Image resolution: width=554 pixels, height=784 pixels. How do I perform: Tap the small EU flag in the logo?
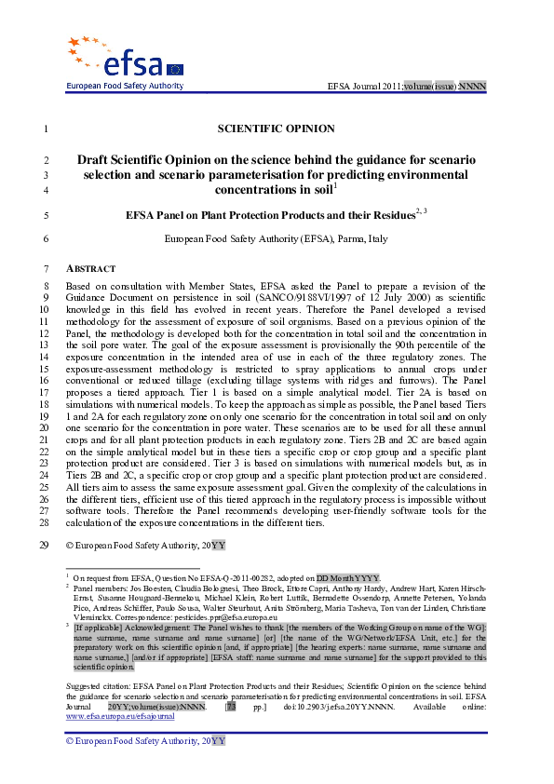[x=175, y=69]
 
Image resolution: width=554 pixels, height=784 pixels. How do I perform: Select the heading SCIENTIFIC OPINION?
[x=276, y=128]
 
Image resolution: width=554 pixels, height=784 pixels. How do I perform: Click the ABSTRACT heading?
[x=90, y=268]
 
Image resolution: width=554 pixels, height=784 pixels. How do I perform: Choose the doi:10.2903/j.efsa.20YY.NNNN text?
[x=347, y=707]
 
